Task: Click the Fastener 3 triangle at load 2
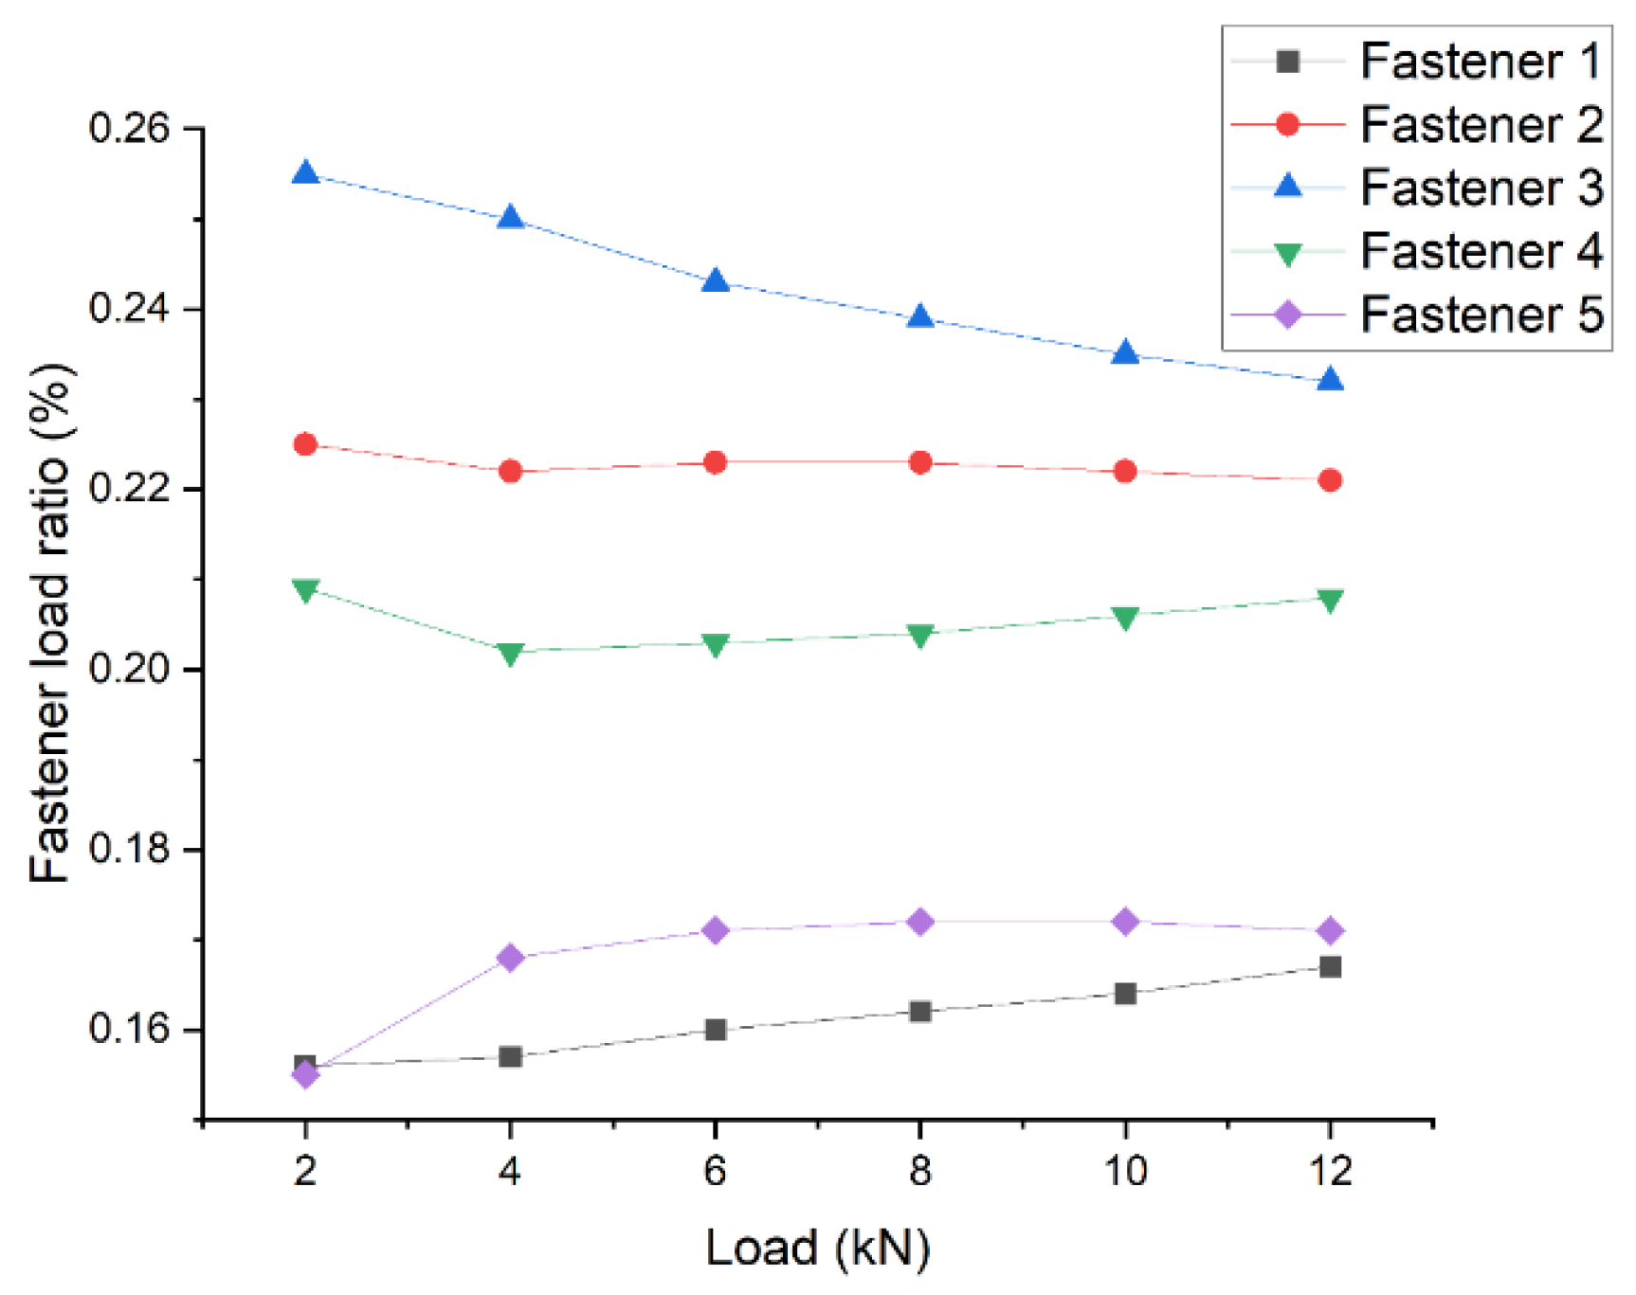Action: [305, 173]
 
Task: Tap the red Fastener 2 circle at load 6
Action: [716, 462]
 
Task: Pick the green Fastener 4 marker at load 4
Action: [510, 653]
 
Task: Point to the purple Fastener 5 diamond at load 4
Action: [510, 958]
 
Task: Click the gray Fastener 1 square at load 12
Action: [1330, 966]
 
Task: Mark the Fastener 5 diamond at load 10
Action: [1125, 922]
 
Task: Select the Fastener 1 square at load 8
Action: [919, 1012]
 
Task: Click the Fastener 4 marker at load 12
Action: [1330, 600]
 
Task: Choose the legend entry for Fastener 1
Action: [1480, 62]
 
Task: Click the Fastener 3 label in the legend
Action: [1480, 188]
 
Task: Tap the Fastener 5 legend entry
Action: [1480, 315]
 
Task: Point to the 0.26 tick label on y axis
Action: [129, 128]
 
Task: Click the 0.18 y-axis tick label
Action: [129, 849]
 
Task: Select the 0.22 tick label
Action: [129, 489]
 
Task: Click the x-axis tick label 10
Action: [1125, 1172]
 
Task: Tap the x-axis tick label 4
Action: [510, 1172]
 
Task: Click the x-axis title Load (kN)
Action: [817, 1248]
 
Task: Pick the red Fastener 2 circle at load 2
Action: [305, 444]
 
